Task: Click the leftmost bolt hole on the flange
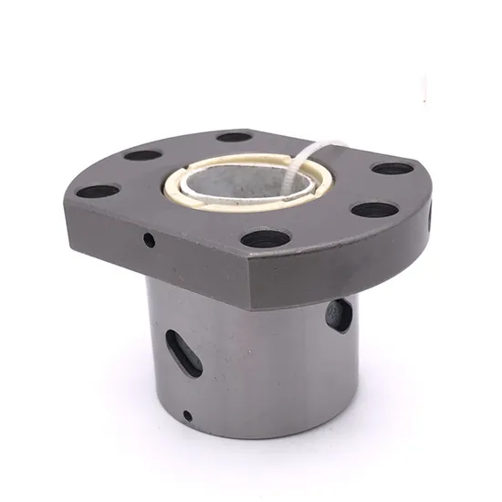point(98,192)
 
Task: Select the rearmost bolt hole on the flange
point(235,137)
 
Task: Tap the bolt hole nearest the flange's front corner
point(266,239)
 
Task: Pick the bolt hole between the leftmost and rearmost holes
point(143,154)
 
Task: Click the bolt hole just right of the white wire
point(392,168)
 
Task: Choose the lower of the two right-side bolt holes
point(374,209)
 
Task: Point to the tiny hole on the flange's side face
point(149,240)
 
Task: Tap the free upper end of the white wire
point(340,142)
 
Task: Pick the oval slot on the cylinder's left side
point(183,351)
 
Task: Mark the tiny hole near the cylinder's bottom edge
point(187,416)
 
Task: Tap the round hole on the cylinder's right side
point(339,315)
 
